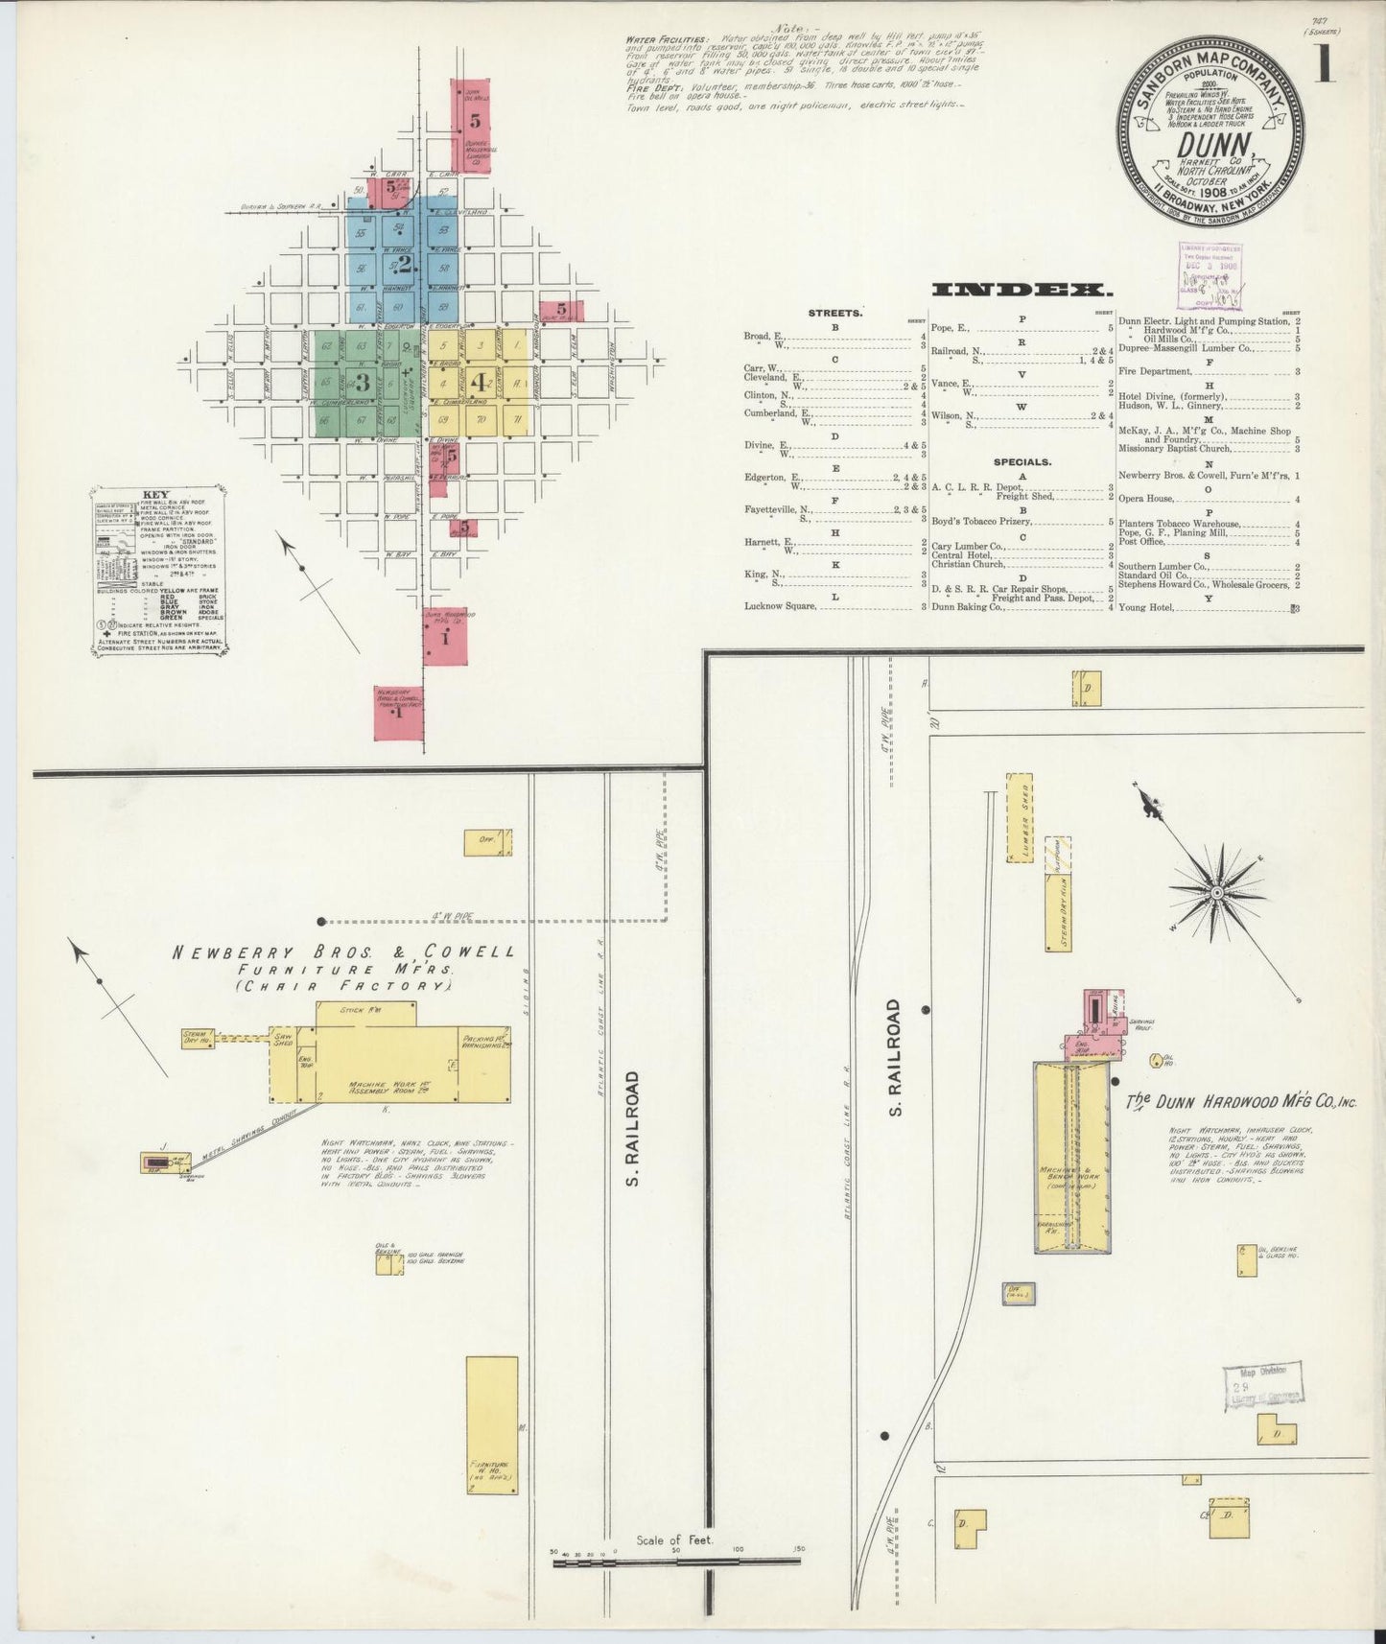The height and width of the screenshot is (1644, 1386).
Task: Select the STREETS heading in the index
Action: pos(834,313)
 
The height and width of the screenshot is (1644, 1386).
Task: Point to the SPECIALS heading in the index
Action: pos(1022,461)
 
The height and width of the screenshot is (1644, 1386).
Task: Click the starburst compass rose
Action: pos(1216,892)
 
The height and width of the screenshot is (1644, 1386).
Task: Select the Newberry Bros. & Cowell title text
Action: pos(342,952)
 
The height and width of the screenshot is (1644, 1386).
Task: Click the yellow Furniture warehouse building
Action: pos(492,1425)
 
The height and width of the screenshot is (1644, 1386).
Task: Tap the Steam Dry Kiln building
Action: pos(1058,892)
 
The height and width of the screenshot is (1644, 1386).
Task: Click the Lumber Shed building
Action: pos(1019,818)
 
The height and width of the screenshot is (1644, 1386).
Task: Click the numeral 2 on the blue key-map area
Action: pos(405,263)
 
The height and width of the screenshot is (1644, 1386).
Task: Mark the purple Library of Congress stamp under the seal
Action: pos(1210,275)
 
